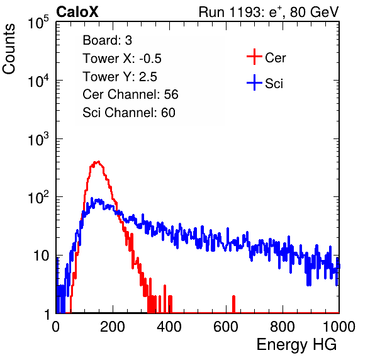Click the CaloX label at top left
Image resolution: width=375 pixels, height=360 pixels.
77,12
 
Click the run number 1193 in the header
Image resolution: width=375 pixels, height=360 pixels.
245,12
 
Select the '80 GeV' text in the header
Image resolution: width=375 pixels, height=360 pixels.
314,12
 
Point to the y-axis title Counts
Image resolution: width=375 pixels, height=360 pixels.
9,49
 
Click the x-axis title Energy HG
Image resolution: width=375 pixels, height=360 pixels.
296,344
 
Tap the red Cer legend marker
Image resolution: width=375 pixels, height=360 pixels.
254,57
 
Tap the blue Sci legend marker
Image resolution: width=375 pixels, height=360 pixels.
254,83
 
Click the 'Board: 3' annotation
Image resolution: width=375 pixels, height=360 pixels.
107,40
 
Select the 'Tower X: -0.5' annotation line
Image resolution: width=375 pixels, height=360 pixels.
122,59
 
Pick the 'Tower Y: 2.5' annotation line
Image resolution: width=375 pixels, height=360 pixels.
120,77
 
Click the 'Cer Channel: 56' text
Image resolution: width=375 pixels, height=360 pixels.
130,94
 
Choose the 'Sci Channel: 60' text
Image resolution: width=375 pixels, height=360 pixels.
129,113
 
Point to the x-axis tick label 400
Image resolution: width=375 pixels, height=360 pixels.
169,327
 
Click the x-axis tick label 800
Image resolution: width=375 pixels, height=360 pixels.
283,327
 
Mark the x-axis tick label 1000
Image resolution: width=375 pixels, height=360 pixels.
339,327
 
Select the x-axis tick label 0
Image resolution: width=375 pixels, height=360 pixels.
56,327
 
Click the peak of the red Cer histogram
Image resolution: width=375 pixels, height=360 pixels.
98,162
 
